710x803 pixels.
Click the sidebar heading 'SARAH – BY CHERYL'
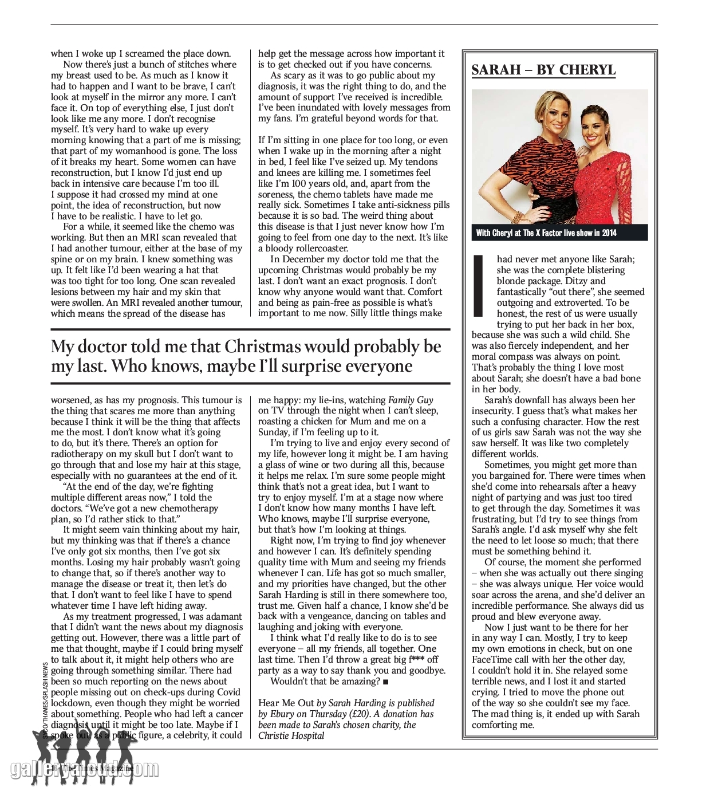[x=543, y=70]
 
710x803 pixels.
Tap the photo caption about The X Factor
[x=546, y=233]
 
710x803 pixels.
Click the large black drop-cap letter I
[x=480, y=286]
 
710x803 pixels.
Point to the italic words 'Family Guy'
[x=411, y=400]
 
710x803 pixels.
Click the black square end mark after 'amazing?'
[x=386, y=682]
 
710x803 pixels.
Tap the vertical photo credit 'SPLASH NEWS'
[x=46, y=682]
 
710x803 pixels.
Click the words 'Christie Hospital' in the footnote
[x=291, y=736]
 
